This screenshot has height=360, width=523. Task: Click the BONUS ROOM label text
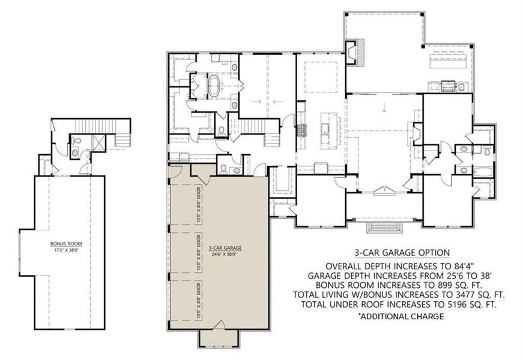click(66, 244)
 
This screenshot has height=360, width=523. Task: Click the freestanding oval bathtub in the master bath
click(215, 85)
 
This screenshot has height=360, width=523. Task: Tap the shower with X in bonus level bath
click(98, 142)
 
